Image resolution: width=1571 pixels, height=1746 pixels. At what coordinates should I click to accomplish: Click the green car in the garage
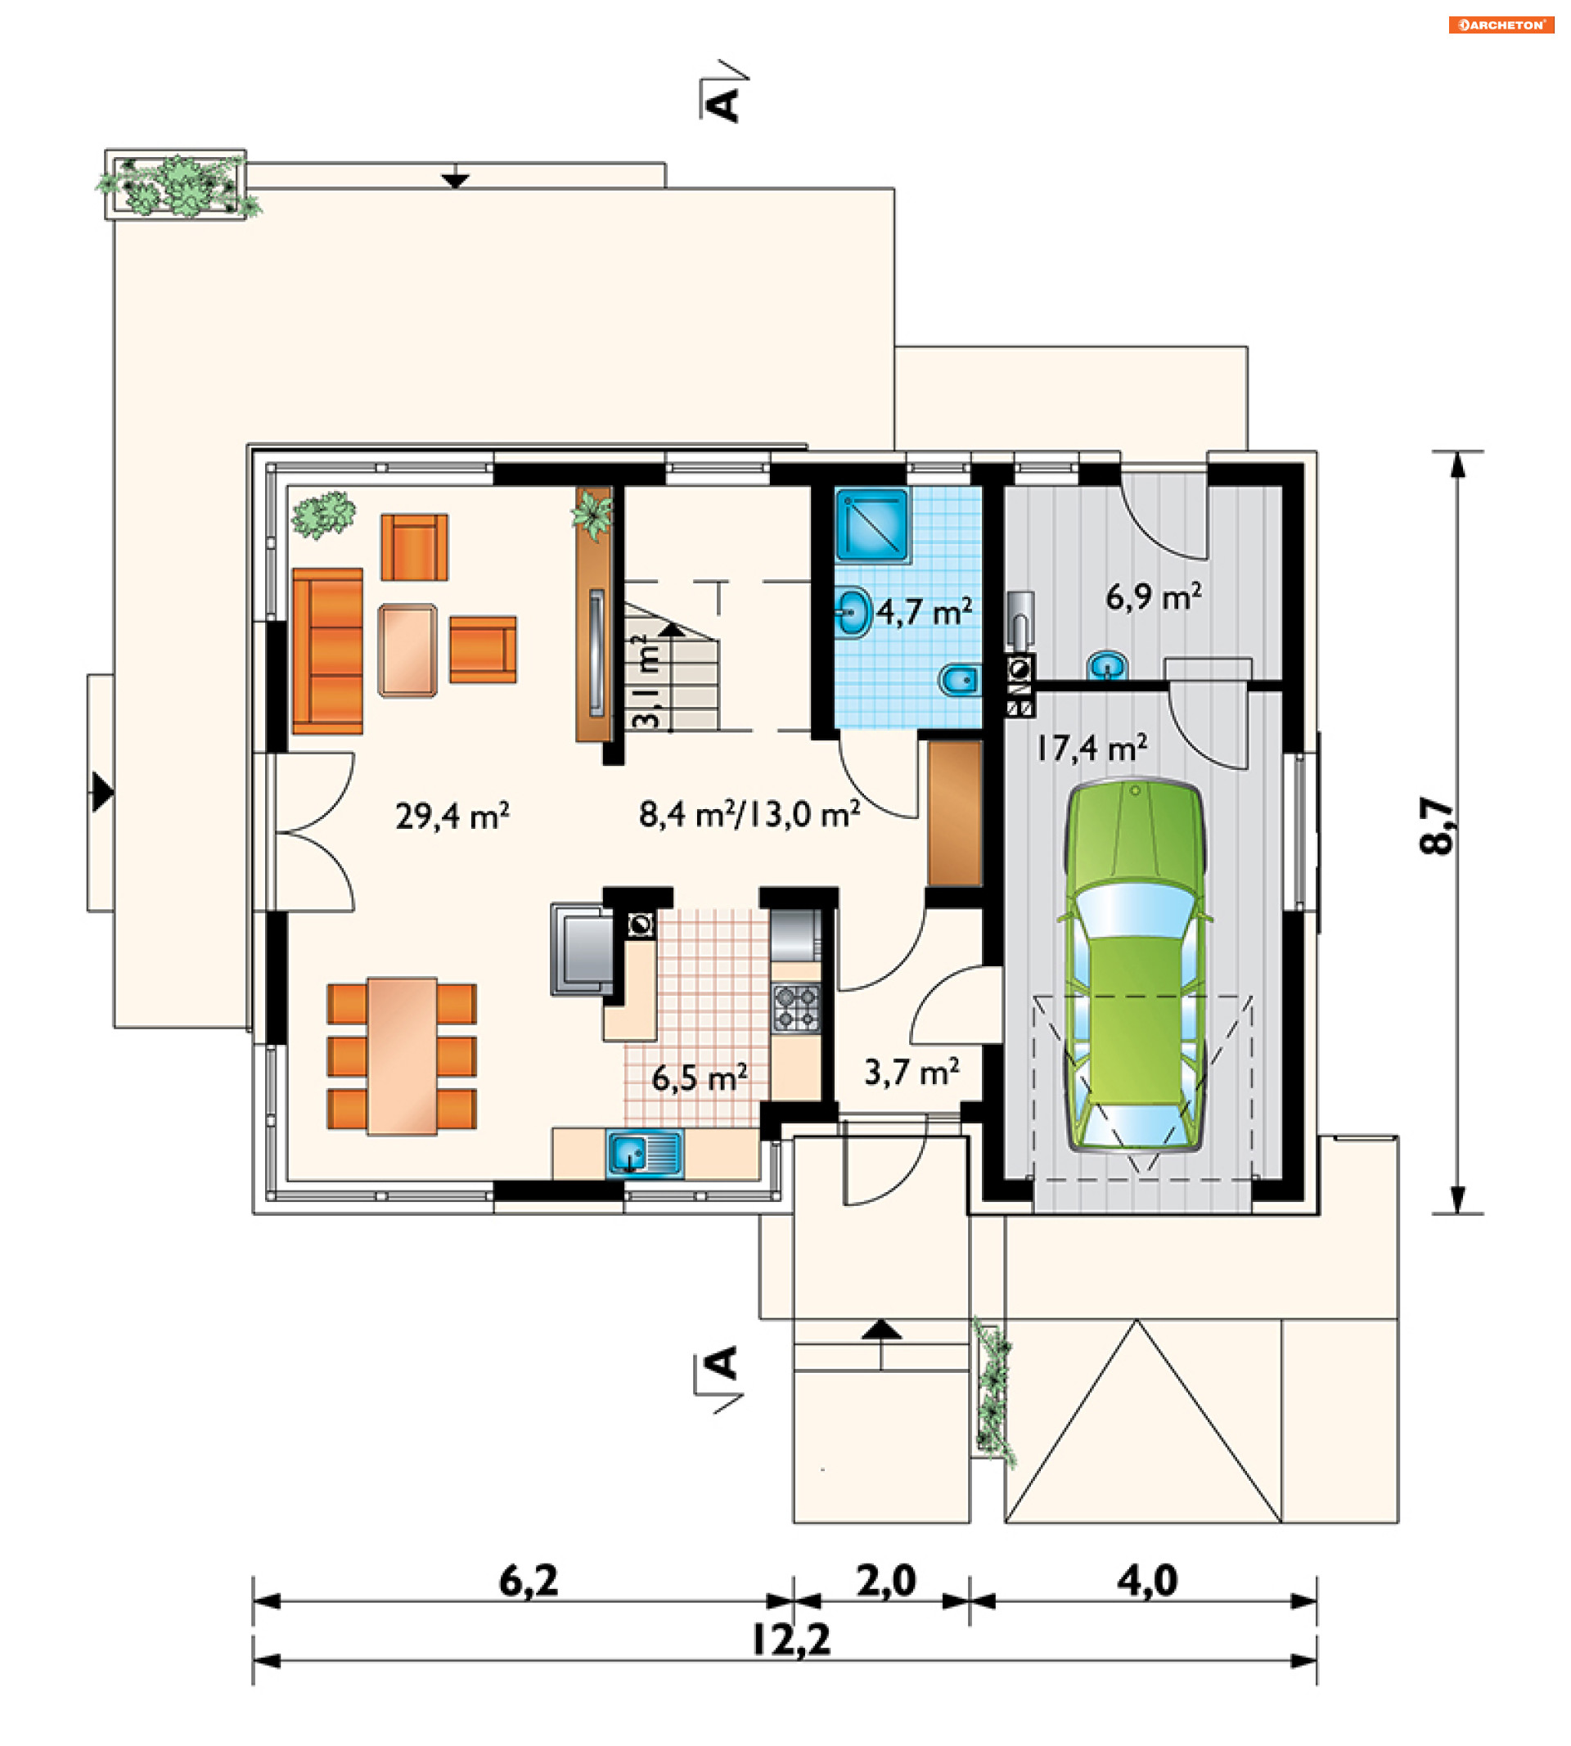pos(1135,965)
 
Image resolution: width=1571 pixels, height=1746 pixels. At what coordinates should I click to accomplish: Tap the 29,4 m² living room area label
pos(452,815)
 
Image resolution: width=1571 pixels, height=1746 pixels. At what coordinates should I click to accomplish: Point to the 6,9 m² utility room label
pos(1153,596)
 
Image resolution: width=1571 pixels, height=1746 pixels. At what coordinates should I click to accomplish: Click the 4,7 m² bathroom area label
pos(925,611)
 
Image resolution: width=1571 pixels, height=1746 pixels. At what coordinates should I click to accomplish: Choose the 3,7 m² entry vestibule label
pos(912,1072)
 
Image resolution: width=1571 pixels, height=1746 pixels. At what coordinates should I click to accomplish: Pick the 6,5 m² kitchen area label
pos(700,1078)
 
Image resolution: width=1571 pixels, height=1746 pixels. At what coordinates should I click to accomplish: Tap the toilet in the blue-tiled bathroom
pos(959,681)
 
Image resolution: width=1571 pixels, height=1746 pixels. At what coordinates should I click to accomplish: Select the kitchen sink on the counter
pos(645,1154)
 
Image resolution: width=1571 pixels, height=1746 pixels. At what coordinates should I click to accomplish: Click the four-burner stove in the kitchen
pos(796,1008)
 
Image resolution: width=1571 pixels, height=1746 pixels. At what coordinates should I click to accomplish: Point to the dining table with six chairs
pos(403,1055)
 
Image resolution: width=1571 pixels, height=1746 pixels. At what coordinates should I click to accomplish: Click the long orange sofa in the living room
pos(327,650)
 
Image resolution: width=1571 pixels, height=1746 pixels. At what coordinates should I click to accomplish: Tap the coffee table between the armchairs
pos(407,650)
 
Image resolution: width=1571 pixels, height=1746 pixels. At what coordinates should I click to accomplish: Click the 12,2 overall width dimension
pos(790,1640)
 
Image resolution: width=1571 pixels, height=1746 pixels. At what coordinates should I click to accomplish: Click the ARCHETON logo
pos(1501,25)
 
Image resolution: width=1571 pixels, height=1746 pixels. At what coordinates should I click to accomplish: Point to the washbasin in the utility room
pos(1107,665)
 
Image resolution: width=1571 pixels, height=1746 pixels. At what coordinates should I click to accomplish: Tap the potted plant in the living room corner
pos(324,515)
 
